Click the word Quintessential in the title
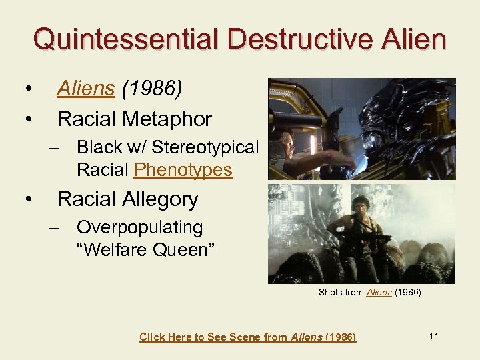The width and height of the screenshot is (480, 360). (x=125, y=39)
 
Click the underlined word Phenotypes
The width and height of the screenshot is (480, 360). (x=183, y=170)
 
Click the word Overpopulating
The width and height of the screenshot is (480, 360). (x=139, y=227)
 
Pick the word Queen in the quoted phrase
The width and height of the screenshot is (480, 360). (x=182, y=250)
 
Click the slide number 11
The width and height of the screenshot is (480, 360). (x=433, y=336)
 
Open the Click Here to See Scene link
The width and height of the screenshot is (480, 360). (x=247, y=337)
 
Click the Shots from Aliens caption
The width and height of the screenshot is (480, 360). (x=369, y=292)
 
